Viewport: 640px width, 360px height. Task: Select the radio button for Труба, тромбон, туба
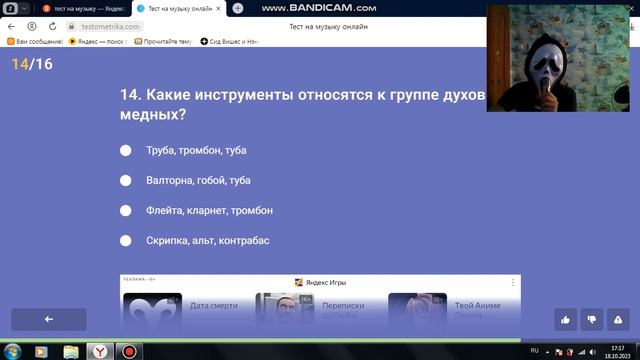coord(126,150)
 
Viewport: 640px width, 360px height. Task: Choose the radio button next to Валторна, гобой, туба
coord(126,180)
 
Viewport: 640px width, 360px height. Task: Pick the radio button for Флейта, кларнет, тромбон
coord(126,210)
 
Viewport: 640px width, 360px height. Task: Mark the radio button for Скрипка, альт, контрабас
coord(126,240)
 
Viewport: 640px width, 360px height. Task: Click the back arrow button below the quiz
coord(48,319)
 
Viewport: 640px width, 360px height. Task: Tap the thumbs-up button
coord(565,319)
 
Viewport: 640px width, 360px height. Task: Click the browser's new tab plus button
coord(238,8)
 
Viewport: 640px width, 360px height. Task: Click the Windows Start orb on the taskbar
coord(13,351)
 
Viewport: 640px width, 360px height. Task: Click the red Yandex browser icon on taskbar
coord(101,351)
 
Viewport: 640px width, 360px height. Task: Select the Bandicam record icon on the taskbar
coord(129,351)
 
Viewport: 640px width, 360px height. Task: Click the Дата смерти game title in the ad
coord(212,306)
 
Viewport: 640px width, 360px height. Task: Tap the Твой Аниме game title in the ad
coord(477,306)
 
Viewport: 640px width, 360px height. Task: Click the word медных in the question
coord(152,115)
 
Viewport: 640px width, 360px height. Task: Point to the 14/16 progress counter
coord(32,64)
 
